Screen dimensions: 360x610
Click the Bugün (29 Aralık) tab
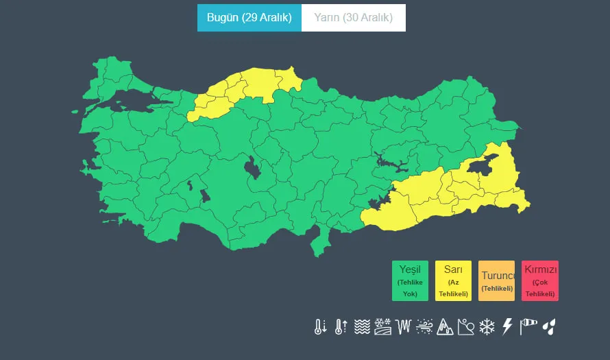point(249,18)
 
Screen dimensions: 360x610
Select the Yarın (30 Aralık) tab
point(353,18)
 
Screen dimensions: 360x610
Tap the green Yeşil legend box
point(410,280)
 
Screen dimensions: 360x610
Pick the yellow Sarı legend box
point(453,280)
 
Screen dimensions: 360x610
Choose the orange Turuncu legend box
point(496,280)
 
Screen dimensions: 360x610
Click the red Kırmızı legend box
point(539,280)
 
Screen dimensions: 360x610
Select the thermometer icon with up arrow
point(341,326)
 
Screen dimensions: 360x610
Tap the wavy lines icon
point(362,326)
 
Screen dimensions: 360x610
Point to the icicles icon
point(403,326)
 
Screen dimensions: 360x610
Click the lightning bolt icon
point(507,326)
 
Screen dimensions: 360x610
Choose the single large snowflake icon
point(487,326)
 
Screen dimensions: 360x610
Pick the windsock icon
point(528,326)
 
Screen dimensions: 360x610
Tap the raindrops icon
point(549,326)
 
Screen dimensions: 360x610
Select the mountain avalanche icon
point(445,326)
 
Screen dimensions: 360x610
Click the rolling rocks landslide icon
point(465,326)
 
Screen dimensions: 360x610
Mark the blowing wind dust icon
point(424,326)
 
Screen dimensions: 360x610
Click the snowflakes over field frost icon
point(382,326)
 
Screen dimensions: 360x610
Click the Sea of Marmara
point(130,101)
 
